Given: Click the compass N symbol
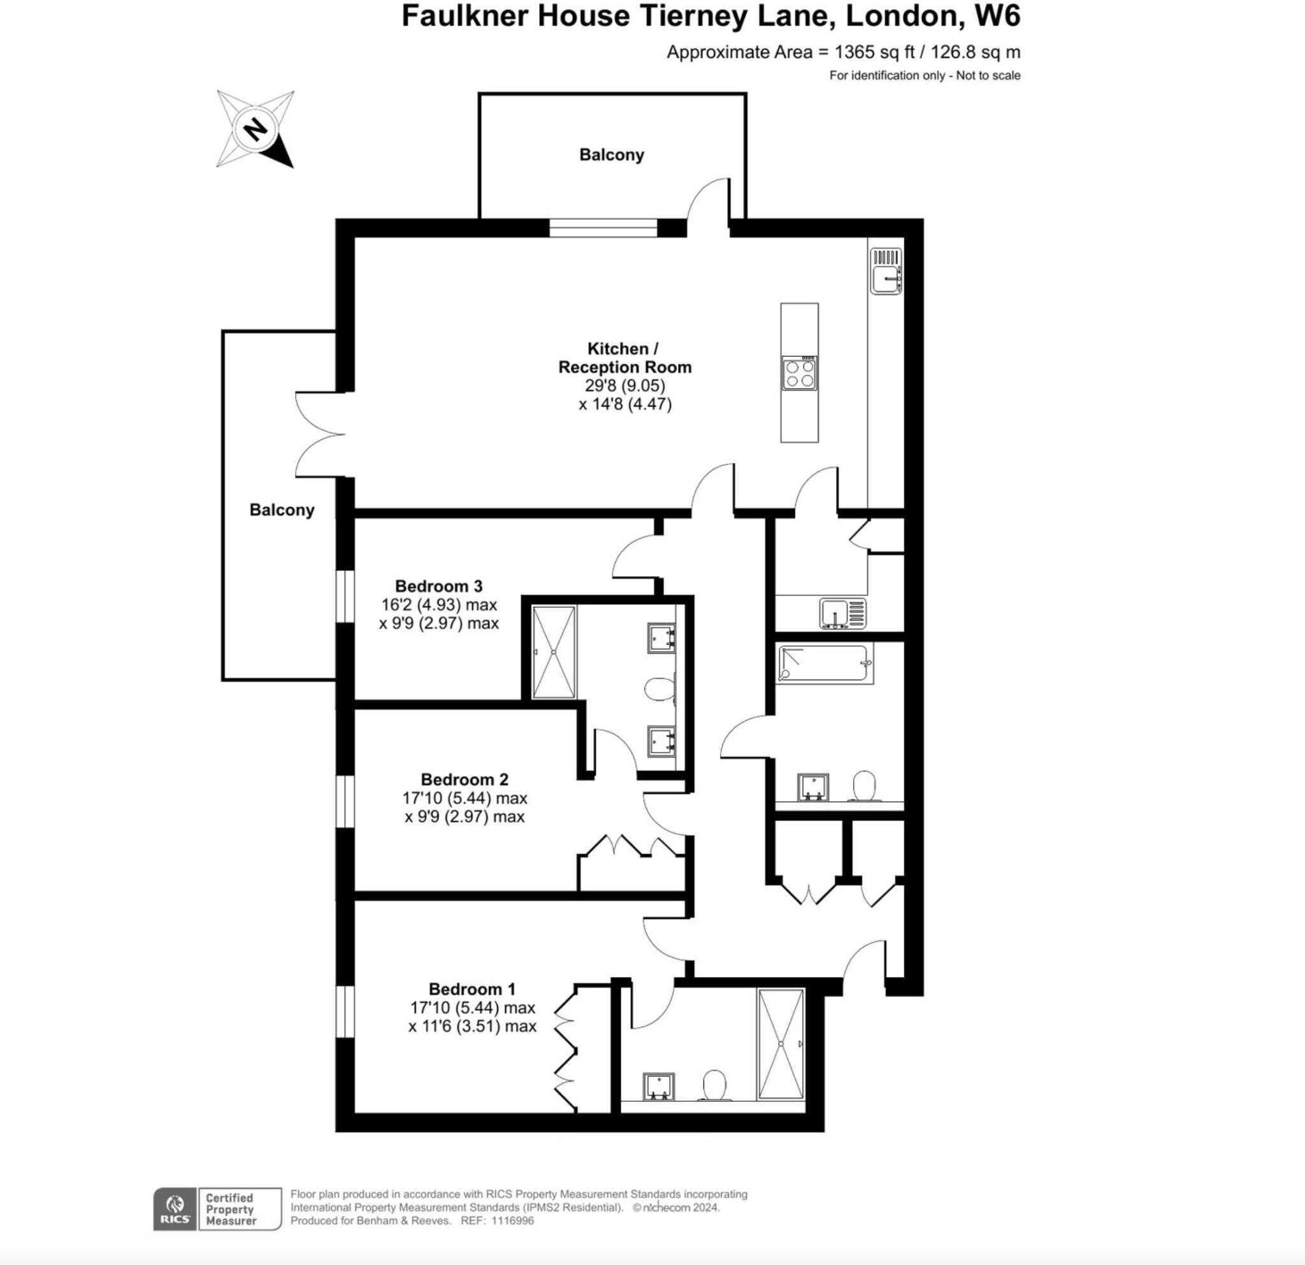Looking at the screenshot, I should click(255, 129).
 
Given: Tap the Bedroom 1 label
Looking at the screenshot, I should click(472, 989).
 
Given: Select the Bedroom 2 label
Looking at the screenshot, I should click(464, 779).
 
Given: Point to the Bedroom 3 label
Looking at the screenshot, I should click(438, 586).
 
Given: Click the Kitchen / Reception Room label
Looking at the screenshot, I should click(624, 358).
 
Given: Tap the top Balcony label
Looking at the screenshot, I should click(611, 155).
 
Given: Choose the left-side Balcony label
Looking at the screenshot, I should click(282, 510).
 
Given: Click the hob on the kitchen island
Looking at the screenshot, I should click(799, 373).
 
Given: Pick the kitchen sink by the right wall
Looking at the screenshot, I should click(886, 270).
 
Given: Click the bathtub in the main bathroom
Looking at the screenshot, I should click(825, 663).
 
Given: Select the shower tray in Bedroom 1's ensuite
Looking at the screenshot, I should click(781, 1044).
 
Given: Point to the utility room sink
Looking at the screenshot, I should click(843, 613).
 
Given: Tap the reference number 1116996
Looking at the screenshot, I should click(513, 1220).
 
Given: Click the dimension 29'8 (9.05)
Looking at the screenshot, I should click(624, 386).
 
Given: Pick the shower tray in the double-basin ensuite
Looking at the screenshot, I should click(554, 652).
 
